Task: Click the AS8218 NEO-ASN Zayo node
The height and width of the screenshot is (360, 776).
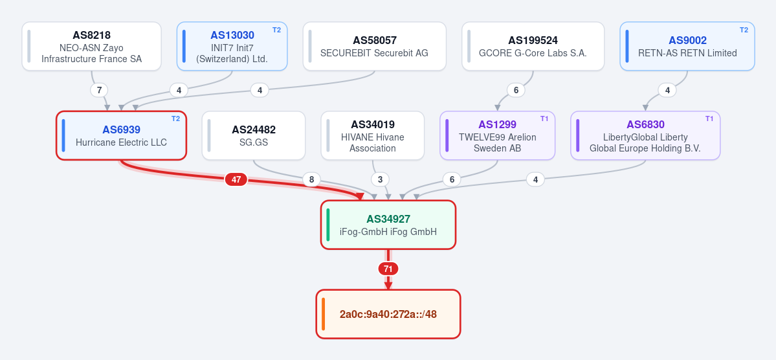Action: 91,46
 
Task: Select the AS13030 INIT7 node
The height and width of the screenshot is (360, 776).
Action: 232,46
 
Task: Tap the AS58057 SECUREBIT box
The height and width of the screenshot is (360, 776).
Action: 375,46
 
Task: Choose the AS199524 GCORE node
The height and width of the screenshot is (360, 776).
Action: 533,46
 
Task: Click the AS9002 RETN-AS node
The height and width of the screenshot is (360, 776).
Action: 687,46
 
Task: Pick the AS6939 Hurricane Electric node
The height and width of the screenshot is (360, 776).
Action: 121,136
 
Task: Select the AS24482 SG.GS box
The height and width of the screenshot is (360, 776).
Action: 254,136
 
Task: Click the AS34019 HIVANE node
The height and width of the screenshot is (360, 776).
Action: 373,136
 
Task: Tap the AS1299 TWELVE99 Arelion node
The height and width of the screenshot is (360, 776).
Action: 497,136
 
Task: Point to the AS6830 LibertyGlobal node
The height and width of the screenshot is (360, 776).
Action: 645,136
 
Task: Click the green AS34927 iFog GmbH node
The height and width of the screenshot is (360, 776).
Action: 388,225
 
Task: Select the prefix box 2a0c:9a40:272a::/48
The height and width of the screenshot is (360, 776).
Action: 388,314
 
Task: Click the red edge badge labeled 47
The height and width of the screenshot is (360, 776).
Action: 236,179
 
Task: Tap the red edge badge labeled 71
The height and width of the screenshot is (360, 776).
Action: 388,269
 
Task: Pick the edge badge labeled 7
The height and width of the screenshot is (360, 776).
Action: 99,90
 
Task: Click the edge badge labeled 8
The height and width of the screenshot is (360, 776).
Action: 311,179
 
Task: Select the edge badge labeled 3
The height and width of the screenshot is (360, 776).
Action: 380,179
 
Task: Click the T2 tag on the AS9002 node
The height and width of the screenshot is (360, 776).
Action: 744,30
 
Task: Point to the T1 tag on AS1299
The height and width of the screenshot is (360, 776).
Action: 544,119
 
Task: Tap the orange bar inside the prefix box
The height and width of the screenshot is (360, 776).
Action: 323,314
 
